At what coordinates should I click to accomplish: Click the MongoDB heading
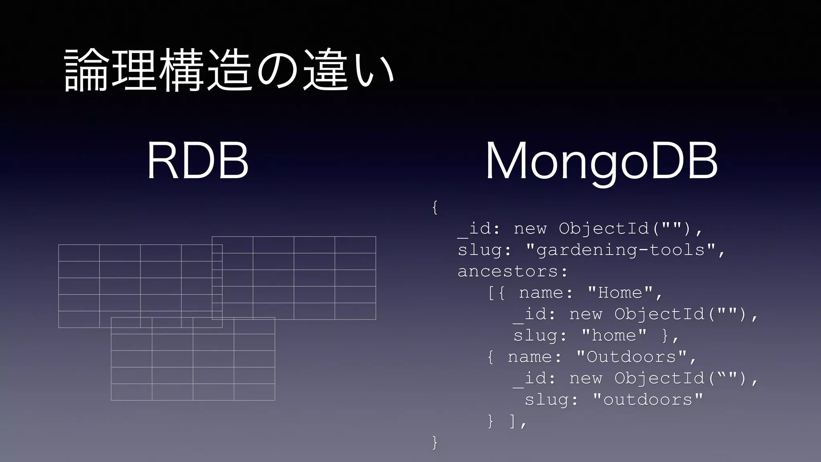pos(601,161)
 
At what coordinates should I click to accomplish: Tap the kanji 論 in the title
pos(85,71)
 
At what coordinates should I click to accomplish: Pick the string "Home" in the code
pos(620,293)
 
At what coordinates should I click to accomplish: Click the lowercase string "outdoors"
pos(648,400)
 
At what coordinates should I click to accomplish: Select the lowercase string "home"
pos(614,336)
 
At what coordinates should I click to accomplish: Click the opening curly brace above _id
pos(435,207)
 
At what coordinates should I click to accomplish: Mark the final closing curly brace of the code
pos(435,442)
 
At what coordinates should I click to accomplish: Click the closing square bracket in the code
pos(512,421)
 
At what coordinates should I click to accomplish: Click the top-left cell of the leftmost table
pos(79,253)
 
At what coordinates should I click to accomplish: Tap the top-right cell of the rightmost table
pos(355,245)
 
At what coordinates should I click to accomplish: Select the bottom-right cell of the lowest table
pos(254,392)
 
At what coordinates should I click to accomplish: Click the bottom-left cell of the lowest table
pos(131,392)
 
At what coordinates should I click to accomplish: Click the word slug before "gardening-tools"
pos(479,250)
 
